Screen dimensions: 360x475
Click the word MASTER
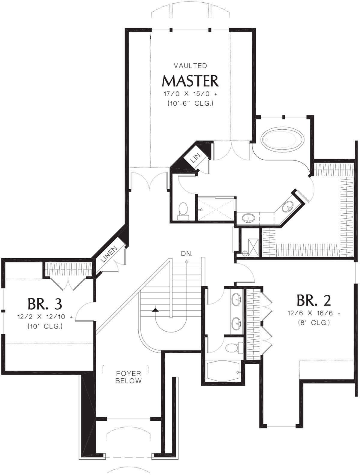coord(190,81)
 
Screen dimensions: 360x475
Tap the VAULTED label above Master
coord(190,66)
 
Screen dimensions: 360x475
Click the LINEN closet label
coord(110,254)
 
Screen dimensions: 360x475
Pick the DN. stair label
coord(187,254)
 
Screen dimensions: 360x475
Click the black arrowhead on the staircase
coord(154,310)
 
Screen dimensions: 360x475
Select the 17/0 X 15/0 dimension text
coord(190,94)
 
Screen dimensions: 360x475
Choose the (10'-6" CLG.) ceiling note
coord(190,104)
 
